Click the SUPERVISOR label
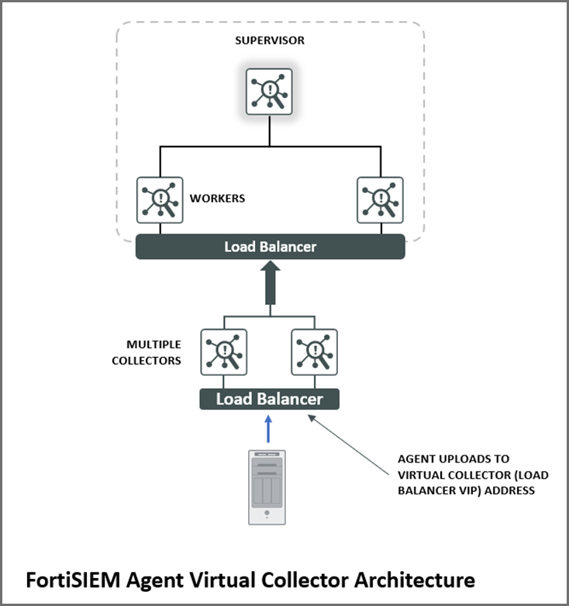point(270,40)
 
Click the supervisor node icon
point(270,92)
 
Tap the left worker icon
point(160,200)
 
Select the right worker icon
point(380,200)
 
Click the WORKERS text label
point(217,199)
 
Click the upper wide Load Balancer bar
point(270,247)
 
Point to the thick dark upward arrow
point(270,284)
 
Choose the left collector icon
point(224,352)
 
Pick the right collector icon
point(316,352)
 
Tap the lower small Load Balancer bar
point(269,399)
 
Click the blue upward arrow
point(269,430)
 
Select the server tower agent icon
point(266,487)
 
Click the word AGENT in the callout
point(416,459)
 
